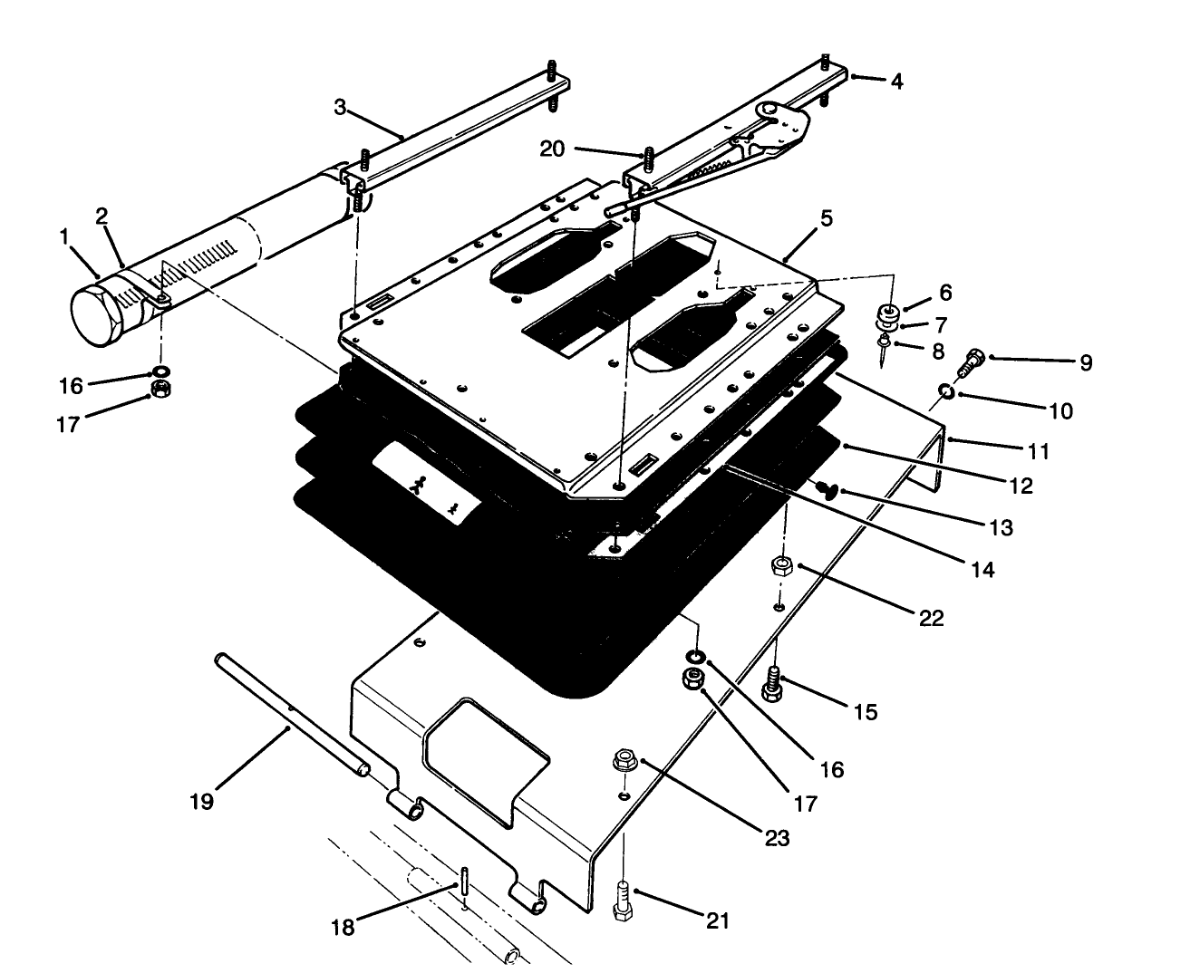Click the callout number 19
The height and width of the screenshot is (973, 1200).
click(x=201, y=802)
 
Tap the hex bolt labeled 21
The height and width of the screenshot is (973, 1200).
click(x=624, y=901)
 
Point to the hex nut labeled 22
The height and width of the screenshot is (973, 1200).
click(x=780, y=568)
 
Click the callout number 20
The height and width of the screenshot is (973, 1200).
click(x=552, y=150)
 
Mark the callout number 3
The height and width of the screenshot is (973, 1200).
click(x=340, y=108)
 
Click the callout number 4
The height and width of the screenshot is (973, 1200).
click(x=895, y=81)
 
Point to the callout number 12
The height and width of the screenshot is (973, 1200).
click(x=1021, y=486)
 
